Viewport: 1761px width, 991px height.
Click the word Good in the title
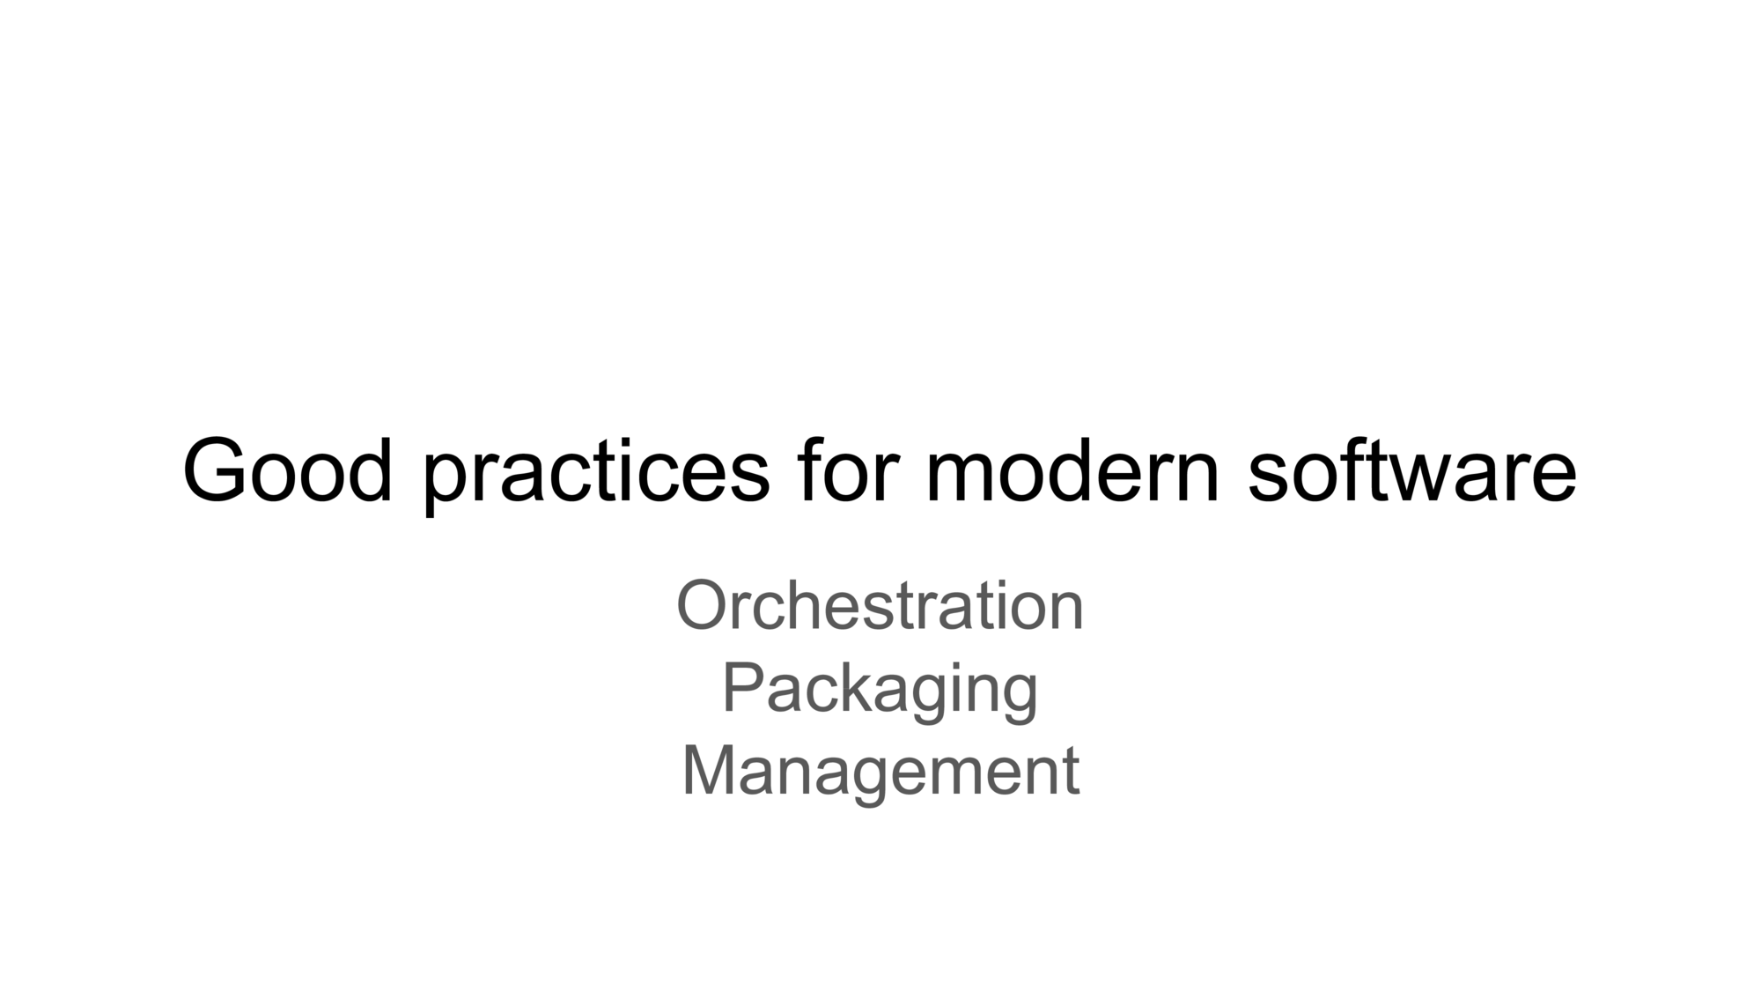click(287, 470)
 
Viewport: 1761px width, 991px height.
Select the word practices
click(596, 476)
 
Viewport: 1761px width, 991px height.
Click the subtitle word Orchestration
click(880, 605)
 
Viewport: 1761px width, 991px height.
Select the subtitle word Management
click(880, 771)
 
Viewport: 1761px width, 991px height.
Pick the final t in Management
click(1071, 773)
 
